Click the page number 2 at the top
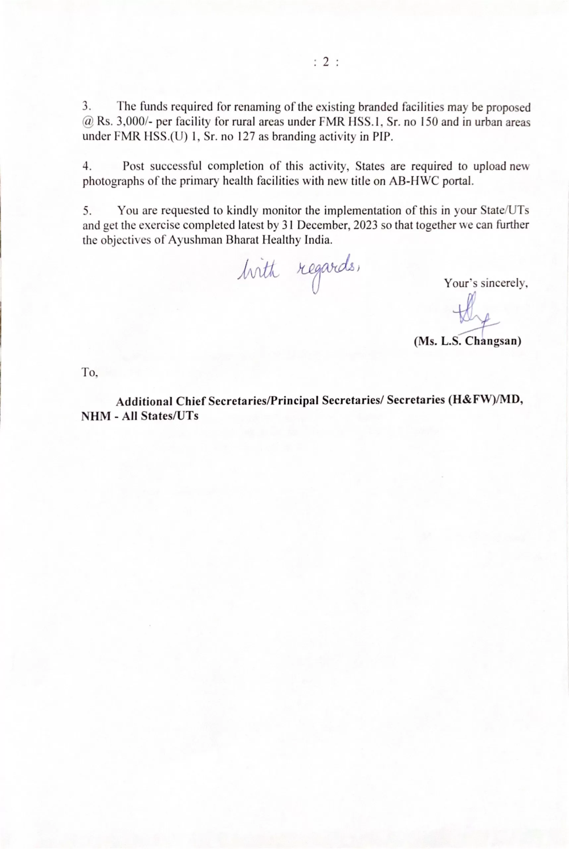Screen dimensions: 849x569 click(325, 62)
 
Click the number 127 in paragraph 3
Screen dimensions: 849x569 click(247, 137)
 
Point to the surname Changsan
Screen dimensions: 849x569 click(493, 341)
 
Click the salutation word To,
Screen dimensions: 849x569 click(89, 373)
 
